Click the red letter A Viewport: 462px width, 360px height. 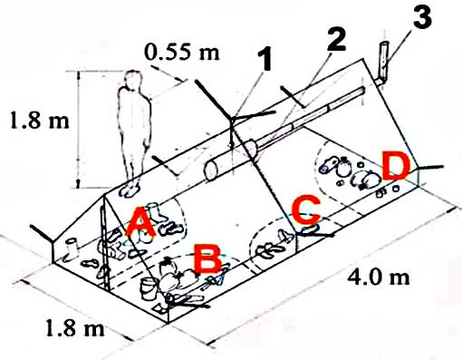pyautogui.click(x=140, y=221)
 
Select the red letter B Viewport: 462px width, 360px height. pyautogui.click(x=208, y=259)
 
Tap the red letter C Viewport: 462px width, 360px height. pyautogui.click(x=306, y=210)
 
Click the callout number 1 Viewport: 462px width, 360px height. pyautogui.click(x=265, y=59)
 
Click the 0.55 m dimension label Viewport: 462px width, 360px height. pyautogui.click(x=181, y=52)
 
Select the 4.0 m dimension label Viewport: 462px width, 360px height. pyautogui.click(x=379, y=277)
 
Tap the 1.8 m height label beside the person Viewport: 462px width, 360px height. pyautogui.click(x=40, y=120)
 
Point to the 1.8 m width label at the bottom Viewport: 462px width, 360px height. pyautogui.click(x=75, y=327)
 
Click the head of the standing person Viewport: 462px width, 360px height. pyautogui.click(x=133, y=80)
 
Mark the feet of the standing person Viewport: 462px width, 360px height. pyautogui.click(x=130, y=190)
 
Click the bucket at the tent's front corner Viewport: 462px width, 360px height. pyautogui.click(x=149, y=288)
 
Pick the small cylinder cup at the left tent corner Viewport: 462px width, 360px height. pyautogui.click(x=72, y=247)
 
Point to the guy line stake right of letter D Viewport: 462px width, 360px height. pyautogui.click(x=430, y=168)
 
